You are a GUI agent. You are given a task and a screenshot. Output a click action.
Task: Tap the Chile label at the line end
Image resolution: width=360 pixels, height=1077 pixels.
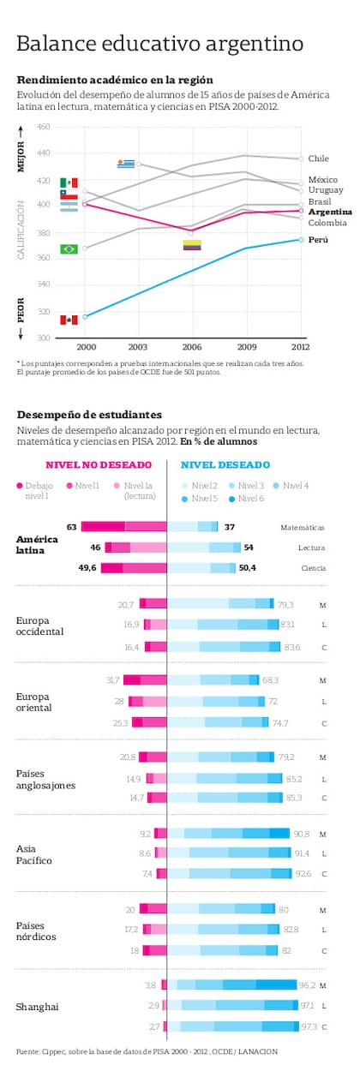[x=318, y=159]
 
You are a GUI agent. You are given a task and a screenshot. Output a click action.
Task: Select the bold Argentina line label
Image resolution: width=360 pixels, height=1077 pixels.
[x=329, y=211]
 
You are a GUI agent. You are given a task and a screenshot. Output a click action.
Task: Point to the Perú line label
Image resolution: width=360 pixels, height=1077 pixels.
[x=318, y=239]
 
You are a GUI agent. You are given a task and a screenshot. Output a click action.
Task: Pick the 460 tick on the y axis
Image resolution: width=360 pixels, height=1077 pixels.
[x=43, y=127]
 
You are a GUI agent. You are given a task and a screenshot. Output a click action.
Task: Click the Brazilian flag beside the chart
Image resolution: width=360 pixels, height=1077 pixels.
[x=69, y=248]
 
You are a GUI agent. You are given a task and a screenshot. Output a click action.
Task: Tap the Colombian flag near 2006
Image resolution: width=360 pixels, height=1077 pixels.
[x=192, y=245]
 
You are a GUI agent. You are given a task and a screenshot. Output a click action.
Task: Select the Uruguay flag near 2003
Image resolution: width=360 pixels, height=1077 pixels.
[x=127, y=163]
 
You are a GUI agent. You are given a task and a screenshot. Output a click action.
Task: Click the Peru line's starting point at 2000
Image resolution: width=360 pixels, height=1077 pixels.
[x=85, y=316]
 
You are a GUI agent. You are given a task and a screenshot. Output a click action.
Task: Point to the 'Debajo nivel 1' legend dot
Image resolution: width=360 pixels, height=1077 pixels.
[x=21, y=486]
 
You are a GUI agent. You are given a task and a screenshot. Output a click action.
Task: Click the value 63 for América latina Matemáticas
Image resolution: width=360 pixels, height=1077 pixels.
[x=72, y=527]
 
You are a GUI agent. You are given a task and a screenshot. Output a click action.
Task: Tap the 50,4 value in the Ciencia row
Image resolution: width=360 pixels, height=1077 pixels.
[x=249, y=567]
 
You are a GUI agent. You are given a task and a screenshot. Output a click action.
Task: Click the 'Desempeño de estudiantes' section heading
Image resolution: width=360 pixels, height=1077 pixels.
[x=88, y=414]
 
